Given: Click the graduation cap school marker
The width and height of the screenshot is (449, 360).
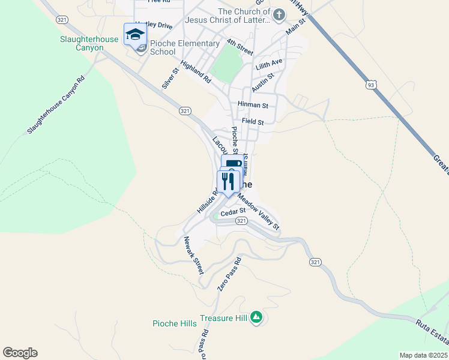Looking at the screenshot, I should point(135,34).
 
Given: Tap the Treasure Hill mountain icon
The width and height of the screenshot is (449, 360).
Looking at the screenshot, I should point(256,317).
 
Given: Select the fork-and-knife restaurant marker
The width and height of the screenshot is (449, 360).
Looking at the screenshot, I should point(228,182).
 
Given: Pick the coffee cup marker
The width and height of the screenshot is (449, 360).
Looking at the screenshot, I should point(233,164).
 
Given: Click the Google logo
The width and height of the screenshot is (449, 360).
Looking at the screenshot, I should point(20,353).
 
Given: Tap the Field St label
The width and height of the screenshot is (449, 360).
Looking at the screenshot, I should point(253,122).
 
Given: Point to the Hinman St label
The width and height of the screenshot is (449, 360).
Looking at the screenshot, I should point(252,105).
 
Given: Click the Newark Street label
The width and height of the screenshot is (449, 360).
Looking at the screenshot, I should point(194,255).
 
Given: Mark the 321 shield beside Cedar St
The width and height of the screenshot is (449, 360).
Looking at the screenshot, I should point(241,221).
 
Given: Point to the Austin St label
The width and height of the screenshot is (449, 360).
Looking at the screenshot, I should point(263,82).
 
